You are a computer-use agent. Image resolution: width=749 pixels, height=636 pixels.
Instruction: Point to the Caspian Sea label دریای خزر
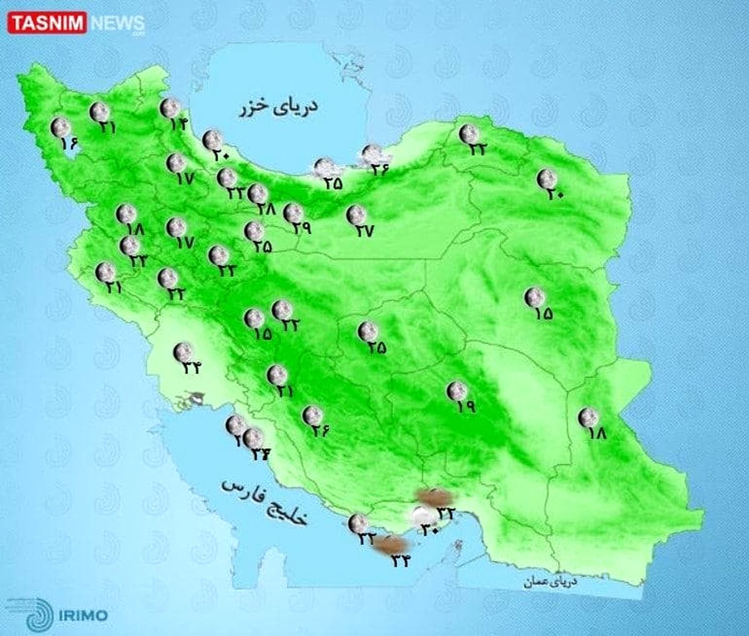[x=278, y=107]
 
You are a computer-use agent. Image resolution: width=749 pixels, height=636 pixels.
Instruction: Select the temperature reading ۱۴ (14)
[x=179, y=124]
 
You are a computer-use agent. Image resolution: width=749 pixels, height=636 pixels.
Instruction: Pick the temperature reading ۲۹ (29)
[x=301, y=228]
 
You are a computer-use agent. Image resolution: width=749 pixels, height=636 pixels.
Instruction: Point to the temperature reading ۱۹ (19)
[x=466, y=407]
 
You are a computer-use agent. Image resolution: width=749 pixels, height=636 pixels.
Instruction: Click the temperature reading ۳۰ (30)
[x=430, y=529]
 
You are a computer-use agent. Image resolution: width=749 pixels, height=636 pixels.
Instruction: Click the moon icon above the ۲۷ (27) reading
[x=356, y=215]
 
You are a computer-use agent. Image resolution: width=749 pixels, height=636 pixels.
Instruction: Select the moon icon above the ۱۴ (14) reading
[x=169, y=108]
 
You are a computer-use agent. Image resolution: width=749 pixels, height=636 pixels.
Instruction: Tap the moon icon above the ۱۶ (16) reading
[x=59, y=128]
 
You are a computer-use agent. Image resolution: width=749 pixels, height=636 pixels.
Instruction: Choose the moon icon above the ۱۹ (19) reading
[x=456, y=391]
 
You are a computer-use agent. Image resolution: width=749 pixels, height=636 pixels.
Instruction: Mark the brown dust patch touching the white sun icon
[x=435, y=497]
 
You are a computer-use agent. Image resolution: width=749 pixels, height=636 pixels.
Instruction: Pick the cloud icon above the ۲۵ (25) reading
[x=324, y=167]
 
